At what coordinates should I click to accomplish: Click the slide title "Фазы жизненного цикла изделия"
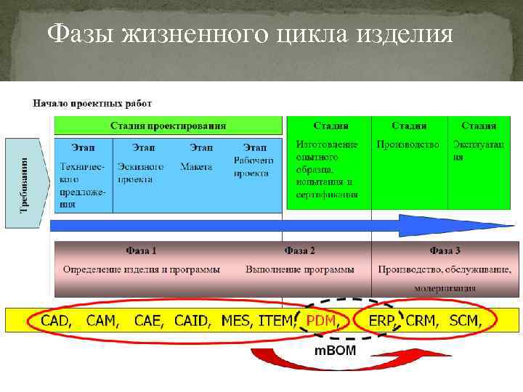(x=250, y=34)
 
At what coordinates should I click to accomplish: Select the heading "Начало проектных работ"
(x=92, y=103)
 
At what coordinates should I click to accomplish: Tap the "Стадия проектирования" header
(x=168, y=126)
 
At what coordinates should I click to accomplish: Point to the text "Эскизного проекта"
(x=140, y=172)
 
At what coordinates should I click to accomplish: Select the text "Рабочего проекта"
(x=254, y=166)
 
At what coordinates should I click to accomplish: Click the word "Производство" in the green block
(x=408, y=144)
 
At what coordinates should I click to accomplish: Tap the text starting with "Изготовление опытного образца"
(x=326, y=169)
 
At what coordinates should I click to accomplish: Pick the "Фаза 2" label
(x=299, y=251)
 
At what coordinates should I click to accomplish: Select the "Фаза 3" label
(x=445, y=251)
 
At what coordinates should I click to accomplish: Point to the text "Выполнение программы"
(x=299, y=269)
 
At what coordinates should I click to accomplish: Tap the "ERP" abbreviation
(x=381, y=319)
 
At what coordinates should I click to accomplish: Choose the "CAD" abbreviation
(x=56, y=319)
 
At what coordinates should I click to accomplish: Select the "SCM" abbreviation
(x=465, y=319)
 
